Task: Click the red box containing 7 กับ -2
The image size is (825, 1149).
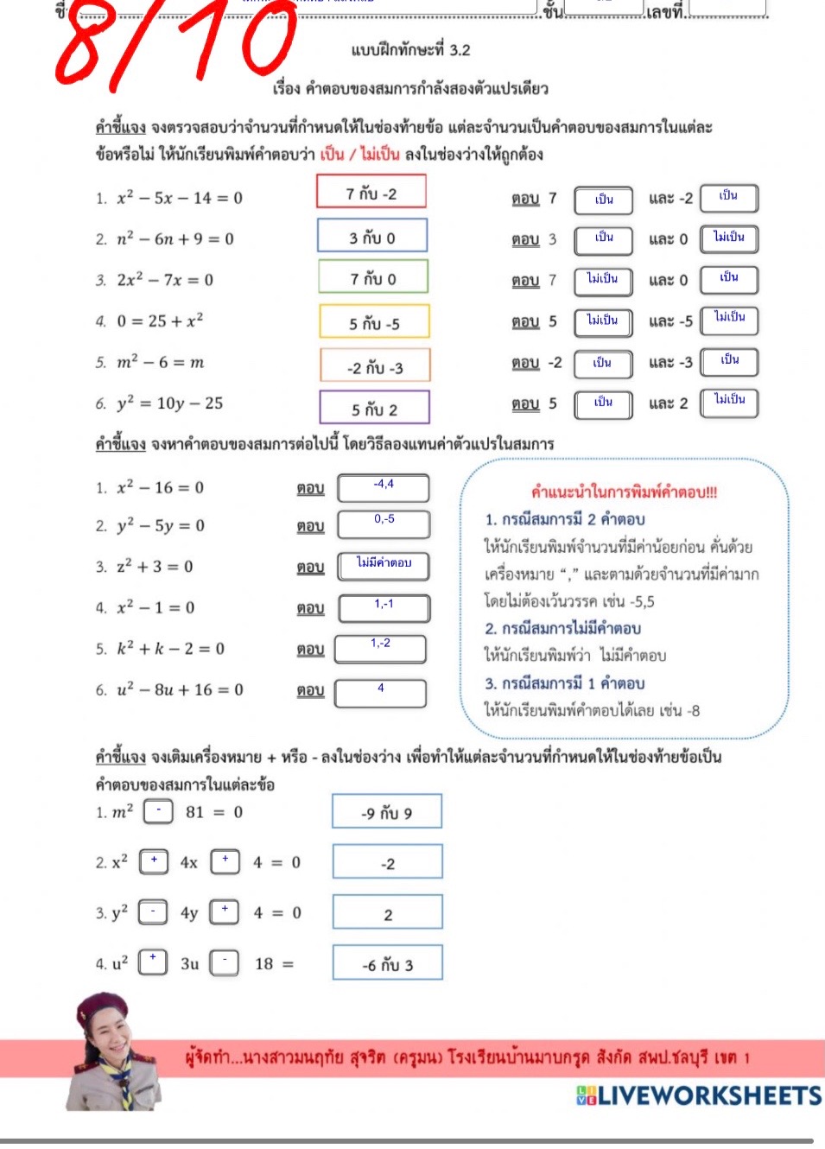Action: [371, 193]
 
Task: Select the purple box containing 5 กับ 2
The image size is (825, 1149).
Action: [374, 408]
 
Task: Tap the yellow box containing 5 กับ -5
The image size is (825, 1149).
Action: [374, 322]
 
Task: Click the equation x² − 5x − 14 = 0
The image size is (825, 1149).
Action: [180, 198]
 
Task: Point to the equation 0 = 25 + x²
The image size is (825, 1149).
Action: [161, 321]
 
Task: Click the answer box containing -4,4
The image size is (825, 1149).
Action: [383, 487]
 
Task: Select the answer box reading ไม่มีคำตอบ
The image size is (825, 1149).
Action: [383, 566]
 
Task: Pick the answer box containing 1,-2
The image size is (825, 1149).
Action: [380, 648]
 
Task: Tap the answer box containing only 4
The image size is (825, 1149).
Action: [380, 692]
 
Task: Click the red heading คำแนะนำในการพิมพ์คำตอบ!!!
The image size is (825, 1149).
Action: [624, 492]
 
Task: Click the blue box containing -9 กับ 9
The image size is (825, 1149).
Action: [386, 812]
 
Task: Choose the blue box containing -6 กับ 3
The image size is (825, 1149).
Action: [387, 963]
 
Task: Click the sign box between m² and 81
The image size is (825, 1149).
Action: [158, 811]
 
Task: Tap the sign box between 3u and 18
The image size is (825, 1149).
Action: [225, 962]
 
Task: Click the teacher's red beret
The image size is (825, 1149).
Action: [101, 1006]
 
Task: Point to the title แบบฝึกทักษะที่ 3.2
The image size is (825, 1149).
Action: [410, 50]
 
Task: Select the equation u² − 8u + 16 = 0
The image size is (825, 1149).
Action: [181, 689]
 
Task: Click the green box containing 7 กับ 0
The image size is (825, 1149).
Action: [373, 278]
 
